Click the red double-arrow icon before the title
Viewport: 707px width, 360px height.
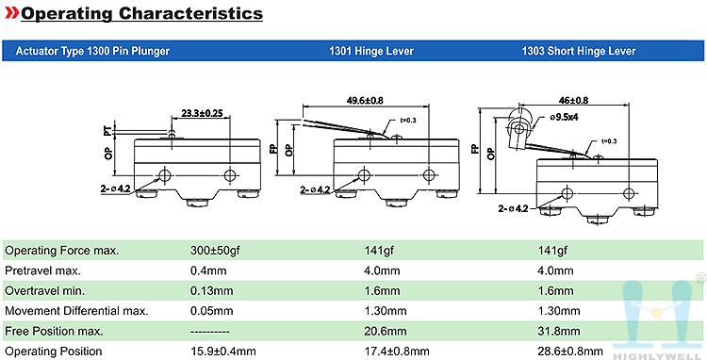[x=11, y=13]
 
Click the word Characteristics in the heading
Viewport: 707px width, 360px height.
[x=190, y=13]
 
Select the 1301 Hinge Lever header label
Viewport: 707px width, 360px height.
[x=371, y=51]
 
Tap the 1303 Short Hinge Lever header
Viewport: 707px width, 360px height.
[x=579, y=51]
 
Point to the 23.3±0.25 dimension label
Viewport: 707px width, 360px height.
[x=202, y=113]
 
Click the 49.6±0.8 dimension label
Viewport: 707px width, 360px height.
[x=365, y=101]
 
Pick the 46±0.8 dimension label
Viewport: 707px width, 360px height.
[x=573, y=101]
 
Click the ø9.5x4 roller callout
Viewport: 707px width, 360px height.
[x=564, y=117]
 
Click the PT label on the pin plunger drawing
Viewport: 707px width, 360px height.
[x=107, y=131]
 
